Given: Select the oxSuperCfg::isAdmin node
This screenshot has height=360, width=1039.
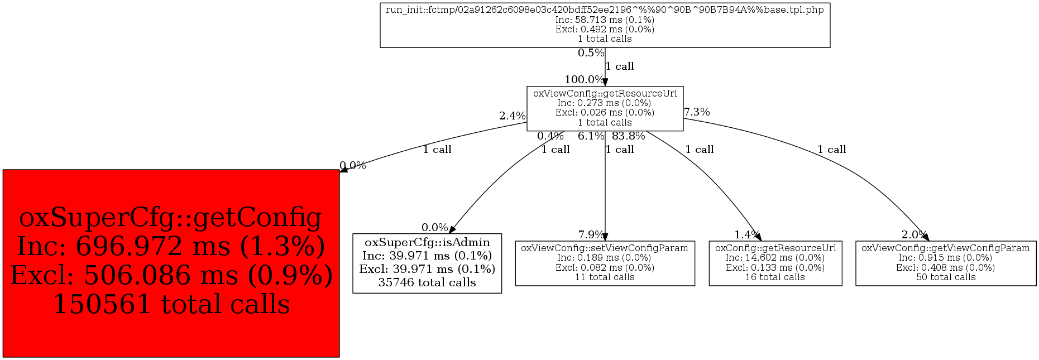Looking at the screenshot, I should point(427,263).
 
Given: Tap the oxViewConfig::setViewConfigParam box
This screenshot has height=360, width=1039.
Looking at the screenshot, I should point(605,263).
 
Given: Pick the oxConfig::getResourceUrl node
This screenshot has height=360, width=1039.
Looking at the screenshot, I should point(775,263).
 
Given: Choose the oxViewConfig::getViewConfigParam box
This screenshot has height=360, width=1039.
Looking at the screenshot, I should point(945,263).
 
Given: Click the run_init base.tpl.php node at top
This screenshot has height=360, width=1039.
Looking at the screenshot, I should point(605,25).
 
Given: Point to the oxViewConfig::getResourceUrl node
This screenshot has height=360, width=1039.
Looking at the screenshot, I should point(605,108).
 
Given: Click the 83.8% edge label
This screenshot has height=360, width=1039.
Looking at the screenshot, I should point(628,136).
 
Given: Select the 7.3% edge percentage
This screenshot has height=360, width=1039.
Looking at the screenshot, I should point(697,112).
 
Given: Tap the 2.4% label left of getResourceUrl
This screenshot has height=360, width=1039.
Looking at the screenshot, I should point(512,116).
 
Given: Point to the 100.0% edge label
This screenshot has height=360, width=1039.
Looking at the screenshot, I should point(583,80).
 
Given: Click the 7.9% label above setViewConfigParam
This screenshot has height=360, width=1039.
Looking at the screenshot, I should point(591,235).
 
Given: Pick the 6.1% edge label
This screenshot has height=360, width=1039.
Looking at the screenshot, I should point(591,136).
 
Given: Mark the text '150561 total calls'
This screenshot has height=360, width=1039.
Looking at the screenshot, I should point(171,304).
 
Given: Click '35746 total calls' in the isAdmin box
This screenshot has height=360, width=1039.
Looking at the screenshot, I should point(427,282).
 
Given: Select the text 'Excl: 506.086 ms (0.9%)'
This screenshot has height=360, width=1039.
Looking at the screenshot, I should point(171,275).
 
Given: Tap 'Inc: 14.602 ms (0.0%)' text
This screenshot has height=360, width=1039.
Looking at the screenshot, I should point(775,258).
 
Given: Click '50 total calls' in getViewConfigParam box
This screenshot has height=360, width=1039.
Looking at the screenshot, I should point(945,277).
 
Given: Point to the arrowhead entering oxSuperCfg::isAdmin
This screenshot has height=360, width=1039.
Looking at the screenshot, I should point(452,229).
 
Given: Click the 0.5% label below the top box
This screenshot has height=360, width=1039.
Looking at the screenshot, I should point(591,53).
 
